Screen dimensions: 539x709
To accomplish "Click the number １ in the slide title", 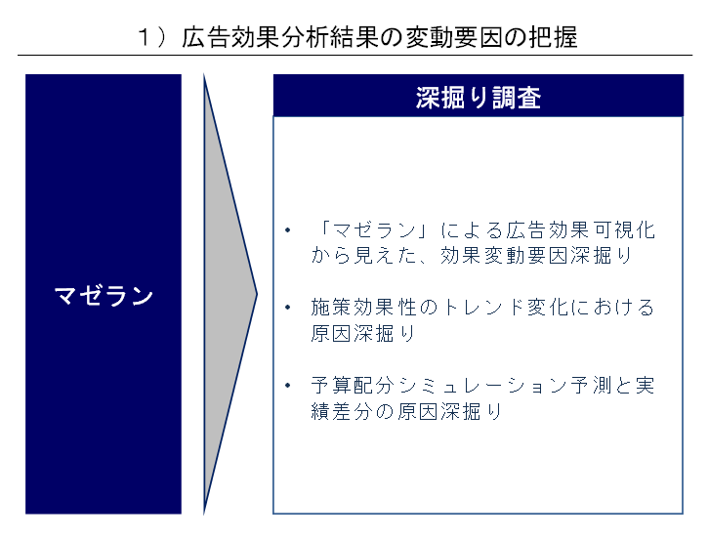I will tap(145, 38).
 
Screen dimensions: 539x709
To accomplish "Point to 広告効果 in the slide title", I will tap(230, 38).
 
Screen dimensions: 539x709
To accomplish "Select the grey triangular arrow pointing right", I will tap(227, 293).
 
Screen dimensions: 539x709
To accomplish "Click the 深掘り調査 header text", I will tap(478, 99).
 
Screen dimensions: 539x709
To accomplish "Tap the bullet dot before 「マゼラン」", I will tap(288, 231).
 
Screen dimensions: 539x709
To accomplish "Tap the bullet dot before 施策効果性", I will tap(288, 308).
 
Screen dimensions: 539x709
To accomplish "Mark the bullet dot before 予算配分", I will tap(288, 385).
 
